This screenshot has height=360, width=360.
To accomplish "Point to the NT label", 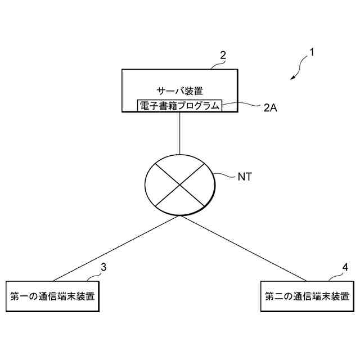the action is click(x=245, y=177).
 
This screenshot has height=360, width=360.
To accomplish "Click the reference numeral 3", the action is click(x=103, y=267).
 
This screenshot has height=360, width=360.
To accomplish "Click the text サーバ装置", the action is click(x=180, y=89).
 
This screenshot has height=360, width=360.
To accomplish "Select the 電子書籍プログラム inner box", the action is click(x=180, y=106).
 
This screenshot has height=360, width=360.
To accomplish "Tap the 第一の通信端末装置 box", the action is click(x=53, y=296).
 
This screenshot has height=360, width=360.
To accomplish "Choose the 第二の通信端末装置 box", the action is click(x=307, y=296).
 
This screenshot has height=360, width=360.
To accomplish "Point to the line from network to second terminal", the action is click(x=245, y=249).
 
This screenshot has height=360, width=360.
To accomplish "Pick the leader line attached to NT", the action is click(x=225, y=177).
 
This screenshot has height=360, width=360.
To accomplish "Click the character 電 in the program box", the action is click(x=143, y=106).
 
